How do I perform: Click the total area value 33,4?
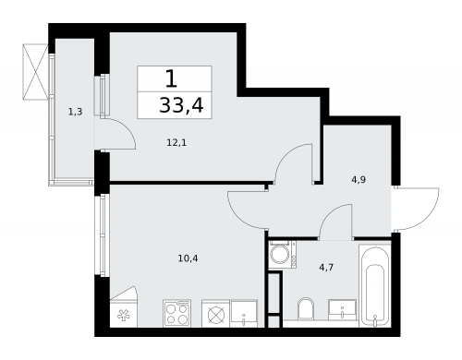click(x=181, y=105)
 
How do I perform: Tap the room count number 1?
click(x=171, y=78)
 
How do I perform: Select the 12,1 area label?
click(x=176, y=143)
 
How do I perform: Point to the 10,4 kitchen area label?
click(x=188, y=258)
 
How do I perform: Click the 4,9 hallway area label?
click(x=359, y=180)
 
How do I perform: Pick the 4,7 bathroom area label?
click(x=326, y=267)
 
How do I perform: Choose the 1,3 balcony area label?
click(x=75, y=112)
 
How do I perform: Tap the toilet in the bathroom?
click(x=306, y=308)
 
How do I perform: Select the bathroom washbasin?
click(x=342, y=310)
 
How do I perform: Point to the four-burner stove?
click(x=177, y=313)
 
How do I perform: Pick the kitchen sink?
click(x=244, y=314)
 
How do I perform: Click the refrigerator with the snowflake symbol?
click(x=124, y=306)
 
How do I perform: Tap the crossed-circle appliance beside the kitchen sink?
click(x=216, y=314)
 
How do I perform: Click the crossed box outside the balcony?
click(x=35, y=72)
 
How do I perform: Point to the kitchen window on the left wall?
click(x=102, y=234)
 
